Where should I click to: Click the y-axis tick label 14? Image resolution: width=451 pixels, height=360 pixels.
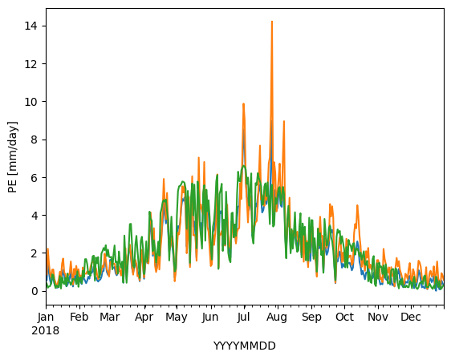click(x=31, y=26)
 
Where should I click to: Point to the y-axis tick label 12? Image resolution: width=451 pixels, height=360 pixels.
click(x=31, y=64)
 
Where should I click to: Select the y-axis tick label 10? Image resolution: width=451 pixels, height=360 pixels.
click(x=31, y=102)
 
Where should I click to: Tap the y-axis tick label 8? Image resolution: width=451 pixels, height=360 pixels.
click(x=35, y=140)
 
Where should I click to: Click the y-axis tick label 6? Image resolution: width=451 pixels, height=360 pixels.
click(x=35, y=178)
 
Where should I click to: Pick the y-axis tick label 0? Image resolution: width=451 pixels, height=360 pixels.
click(x=35, y=291)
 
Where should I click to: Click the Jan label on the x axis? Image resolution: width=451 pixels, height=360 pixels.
click(x=46, y=318)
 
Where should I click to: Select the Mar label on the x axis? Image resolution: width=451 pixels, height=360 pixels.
click(x=110, y=318)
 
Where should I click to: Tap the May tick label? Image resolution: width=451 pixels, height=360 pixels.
click(x=177, y=318)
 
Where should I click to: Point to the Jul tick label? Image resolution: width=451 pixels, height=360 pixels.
click(x=243, y=318)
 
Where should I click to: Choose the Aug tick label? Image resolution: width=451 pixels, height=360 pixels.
click(x=277, y=318)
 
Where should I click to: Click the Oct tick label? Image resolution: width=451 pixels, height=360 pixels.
click(x=344, y=318)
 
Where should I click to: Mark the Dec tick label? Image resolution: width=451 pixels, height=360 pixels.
click(x=411, y=318)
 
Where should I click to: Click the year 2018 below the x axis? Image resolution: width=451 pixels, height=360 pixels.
click(x=46, y=330)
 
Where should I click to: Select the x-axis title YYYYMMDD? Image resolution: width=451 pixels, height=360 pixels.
click(x=245, y=346)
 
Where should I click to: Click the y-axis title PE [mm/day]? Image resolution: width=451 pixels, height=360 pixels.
click(x=13, y=157)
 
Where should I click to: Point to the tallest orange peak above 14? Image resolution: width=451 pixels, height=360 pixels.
click(x=272, y=22)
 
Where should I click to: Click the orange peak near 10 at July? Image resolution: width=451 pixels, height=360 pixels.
click(x=243, y=103)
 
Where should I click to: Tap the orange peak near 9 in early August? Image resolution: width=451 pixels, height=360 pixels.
click(x=284, y=121)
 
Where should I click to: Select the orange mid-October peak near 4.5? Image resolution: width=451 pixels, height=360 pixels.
click(x=357, y=205)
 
